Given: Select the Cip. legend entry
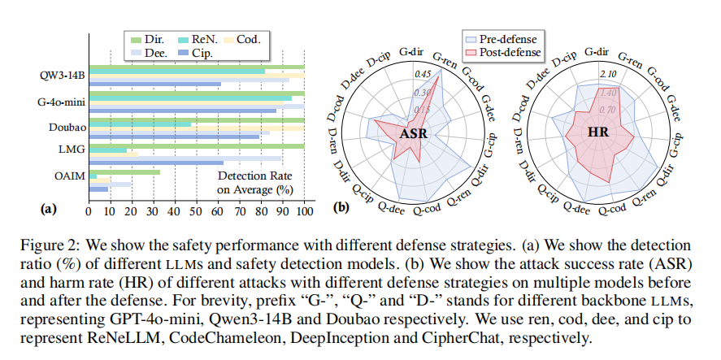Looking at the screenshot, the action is (x=193, y=53).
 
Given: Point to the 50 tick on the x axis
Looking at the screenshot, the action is (x=197, y=211).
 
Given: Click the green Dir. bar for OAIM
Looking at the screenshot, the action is (x=124, y=172).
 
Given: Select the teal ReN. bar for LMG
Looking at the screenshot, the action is (x=108, y=150).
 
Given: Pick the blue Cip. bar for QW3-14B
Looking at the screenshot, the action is (x=155, y=85).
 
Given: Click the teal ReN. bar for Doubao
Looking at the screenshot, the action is (x=140, y=124).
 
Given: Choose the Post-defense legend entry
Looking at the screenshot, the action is (x=502, y=52).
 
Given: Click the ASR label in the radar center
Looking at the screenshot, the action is (x=414, y=134).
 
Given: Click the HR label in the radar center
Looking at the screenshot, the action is (x=598, y=132).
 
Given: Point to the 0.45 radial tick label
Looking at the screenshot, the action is (x=422, y=74).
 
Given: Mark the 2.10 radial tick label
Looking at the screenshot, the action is (x=608, y=74).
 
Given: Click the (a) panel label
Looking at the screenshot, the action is (x=48, y=210).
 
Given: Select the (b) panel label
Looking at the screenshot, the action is (x=341, y=207).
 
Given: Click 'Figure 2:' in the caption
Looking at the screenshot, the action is (x=50, y=245).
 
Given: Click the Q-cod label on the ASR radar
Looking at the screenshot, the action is (x=427, y=209).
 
